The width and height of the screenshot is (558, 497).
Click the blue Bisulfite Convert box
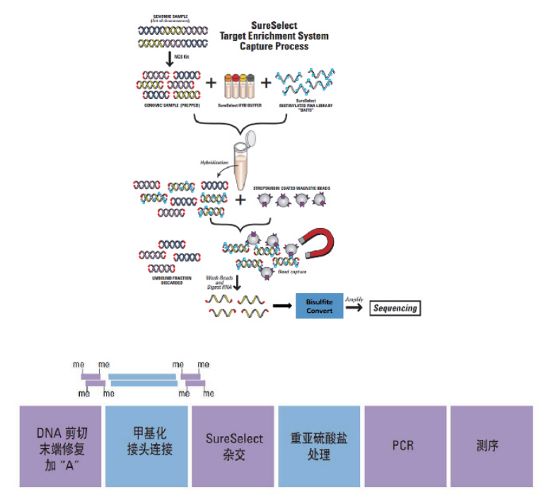point(319,305)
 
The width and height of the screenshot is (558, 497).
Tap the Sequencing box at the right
point(394,308)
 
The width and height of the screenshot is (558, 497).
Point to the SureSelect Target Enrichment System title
point(274,36)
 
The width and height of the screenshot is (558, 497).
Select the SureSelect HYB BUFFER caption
point(238,105)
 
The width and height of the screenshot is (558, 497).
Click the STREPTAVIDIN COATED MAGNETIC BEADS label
point(291,188)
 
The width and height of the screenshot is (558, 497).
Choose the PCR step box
point(403,446)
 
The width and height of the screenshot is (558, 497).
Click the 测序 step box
point(489,446)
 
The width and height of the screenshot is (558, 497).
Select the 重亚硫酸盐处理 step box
point(319,446)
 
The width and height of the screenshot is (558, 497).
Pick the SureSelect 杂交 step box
point(233,446)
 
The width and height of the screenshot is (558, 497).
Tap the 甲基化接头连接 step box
point(147,446)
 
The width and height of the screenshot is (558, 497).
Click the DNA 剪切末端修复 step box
point(61,446)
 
